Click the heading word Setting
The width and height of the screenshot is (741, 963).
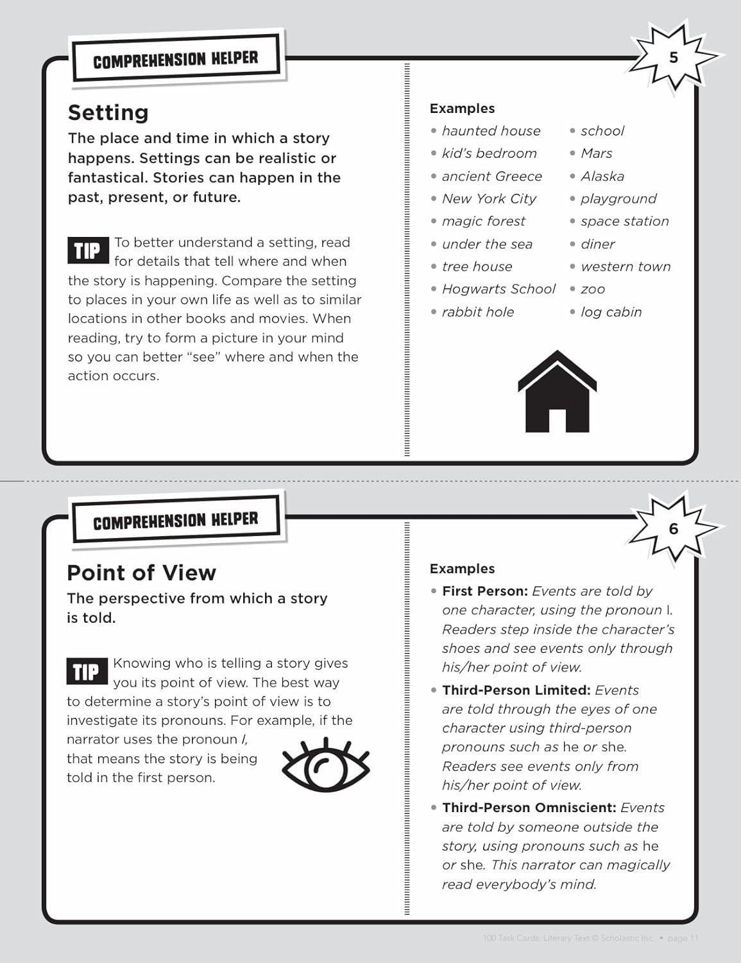(x=108, y=112)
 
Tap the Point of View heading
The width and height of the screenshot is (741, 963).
(x=141, y=573)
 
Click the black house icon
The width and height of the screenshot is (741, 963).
(x=557, y=392)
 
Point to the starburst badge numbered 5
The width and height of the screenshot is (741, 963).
(x=673, y=58)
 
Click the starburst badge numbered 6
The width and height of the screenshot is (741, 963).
(x=673, y=529)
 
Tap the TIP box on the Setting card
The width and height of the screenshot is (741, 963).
(x=87, y=251)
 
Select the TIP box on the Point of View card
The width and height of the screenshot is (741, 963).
(x=86, y=672)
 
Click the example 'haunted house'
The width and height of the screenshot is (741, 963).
(x=491, y=131)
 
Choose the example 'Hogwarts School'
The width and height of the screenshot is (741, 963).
(x=498, y=289)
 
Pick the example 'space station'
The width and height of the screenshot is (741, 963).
(x=624, y=221)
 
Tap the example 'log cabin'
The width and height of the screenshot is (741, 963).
(x=611, y=312)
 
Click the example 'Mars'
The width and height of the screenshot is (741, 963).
(x=596, y=153)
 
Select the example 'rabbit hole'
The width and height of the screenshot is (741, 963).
(x=478, y=312)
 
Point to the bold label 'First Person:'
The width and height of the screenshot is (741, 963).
(x=485, y=591)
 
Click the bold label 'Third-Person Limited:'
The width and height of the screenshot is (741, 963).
(x=516, y=690)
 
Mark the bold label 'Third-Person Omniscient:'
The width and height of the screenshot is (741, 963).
(x=529, y=808)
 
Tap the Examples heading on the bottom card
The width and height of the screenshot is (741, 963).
(x=462, y=569)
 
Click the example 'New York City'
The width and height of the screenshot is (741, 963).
(x=489, y=199)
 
